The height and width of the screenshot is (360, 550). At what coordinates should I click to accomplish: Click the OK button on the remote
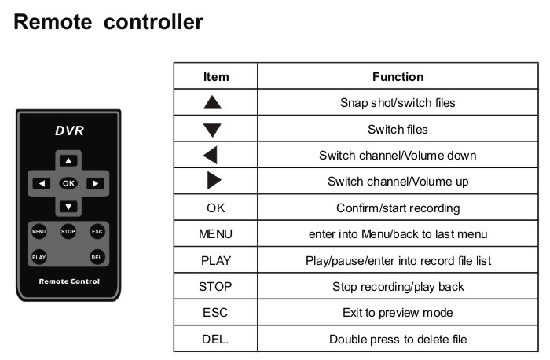coord(69,183)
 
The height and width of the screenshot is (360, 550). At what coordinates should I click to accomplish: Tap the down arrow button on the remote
coord(69,207)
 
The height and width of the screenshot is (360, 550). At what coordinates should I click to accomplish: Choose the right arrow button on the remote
coord(94,183)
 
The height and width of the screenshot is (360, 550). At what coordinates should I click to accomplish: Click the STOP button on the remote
coord(68,232)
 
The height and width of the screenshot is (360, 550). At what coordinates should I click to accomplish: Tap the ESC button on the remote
coord(97,232)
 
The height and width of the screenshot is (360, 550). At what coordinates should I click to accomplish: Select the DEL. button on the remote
coord(97,257)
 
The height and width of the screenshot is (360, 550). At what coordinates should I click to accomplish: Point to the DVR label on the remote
coord(69,131)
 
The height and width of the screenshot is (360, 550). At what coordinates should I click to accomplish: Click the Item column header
coord(216,76)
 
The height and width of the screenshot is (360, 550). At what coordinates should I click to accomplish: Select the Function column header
coord(398,76)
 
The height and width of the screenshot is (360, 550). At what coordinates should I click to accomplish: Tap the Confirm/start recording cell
coord(398,208)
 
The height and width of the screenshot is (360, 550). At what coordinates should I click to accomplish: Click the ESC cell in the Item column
coord(215,313)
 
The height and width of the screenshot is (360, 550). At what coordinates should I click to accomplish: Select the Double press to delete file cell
coord(398,340)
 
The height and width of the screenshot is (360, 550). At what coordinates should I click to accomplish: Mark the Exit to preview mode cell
coord(398,313)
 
